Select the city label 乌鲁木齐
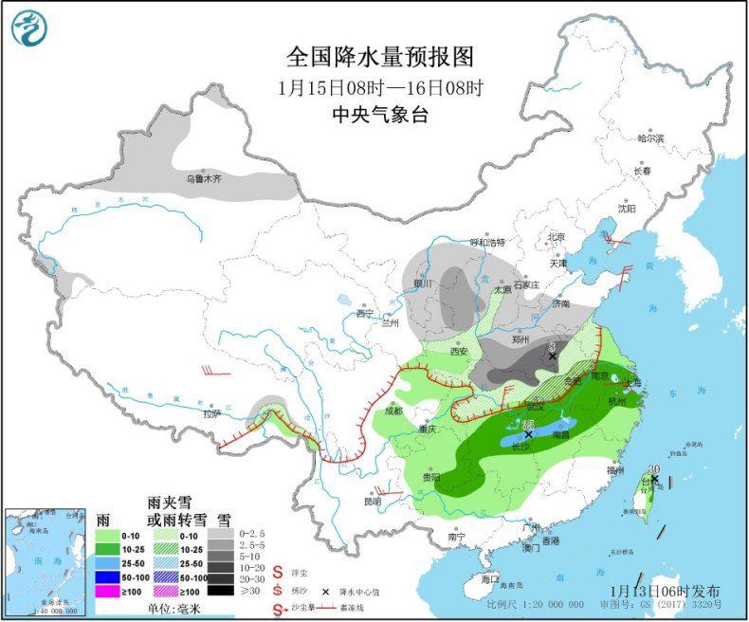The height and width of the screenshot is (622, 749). (202, 177)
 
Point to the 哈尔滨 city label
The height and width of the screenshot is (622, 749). (650, 138)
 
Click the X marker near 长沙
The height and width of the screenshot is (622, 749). (528, 433)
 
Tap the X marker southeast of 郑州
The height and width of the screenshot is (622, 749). (553, 357)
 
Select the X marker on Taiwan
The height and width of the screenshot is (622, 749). (654, 480)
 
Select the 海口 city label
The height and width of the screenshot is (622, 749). (489, 578)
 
